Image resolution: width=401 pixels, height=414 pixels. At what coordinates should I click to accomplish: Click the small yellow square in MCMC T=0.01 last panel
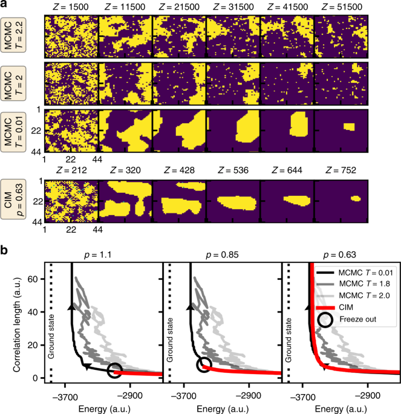coord(348,127)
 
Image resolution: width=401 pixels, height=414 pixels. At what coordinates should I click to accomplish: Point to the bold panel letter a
coord(5,5)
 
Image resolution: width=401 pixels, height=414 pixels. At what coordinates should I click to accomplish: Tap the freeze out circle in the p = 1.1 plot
coord(114,370)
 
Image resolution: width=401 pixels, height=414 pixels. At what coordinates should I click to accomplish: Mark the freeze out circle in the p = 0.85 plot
coord(204,365)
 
